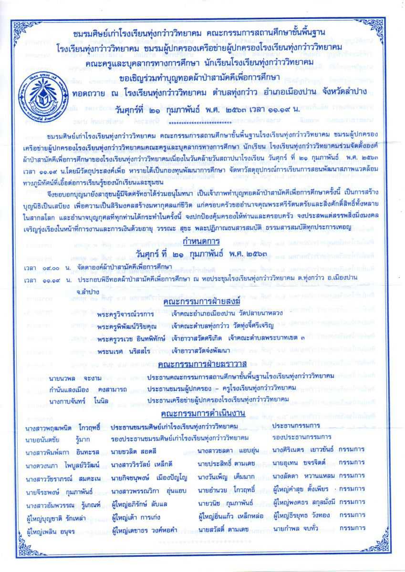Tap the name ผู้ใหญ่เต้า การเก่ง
coord(138,516)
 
